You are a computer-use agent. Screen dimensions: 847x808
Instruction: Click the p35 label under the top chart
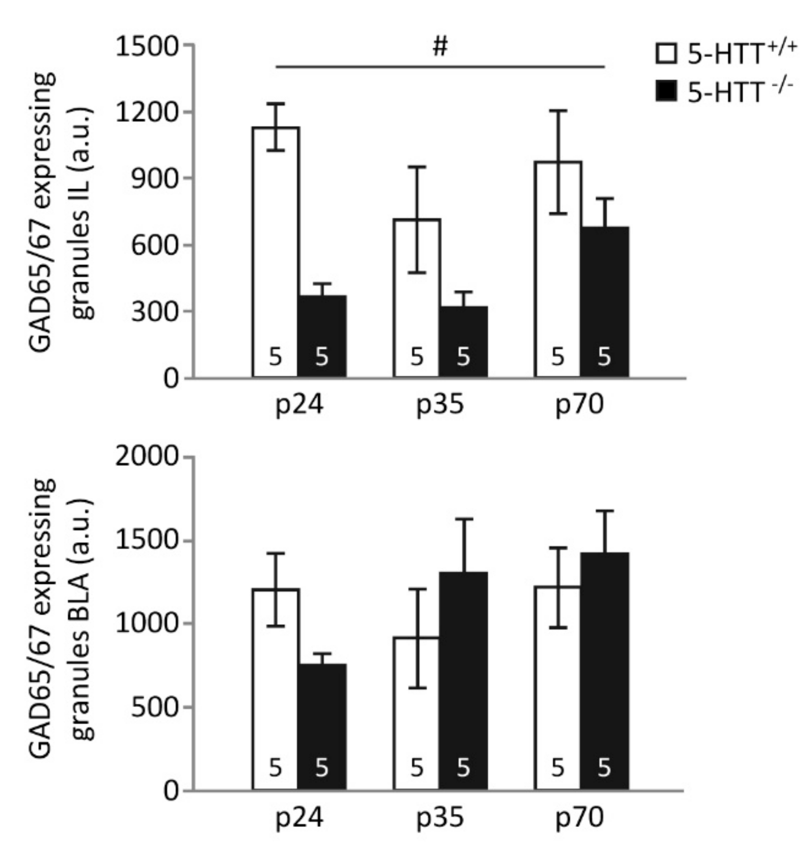440,404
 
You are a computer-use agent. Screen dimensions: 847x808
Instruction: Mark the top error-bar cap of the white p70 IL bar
557,111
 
